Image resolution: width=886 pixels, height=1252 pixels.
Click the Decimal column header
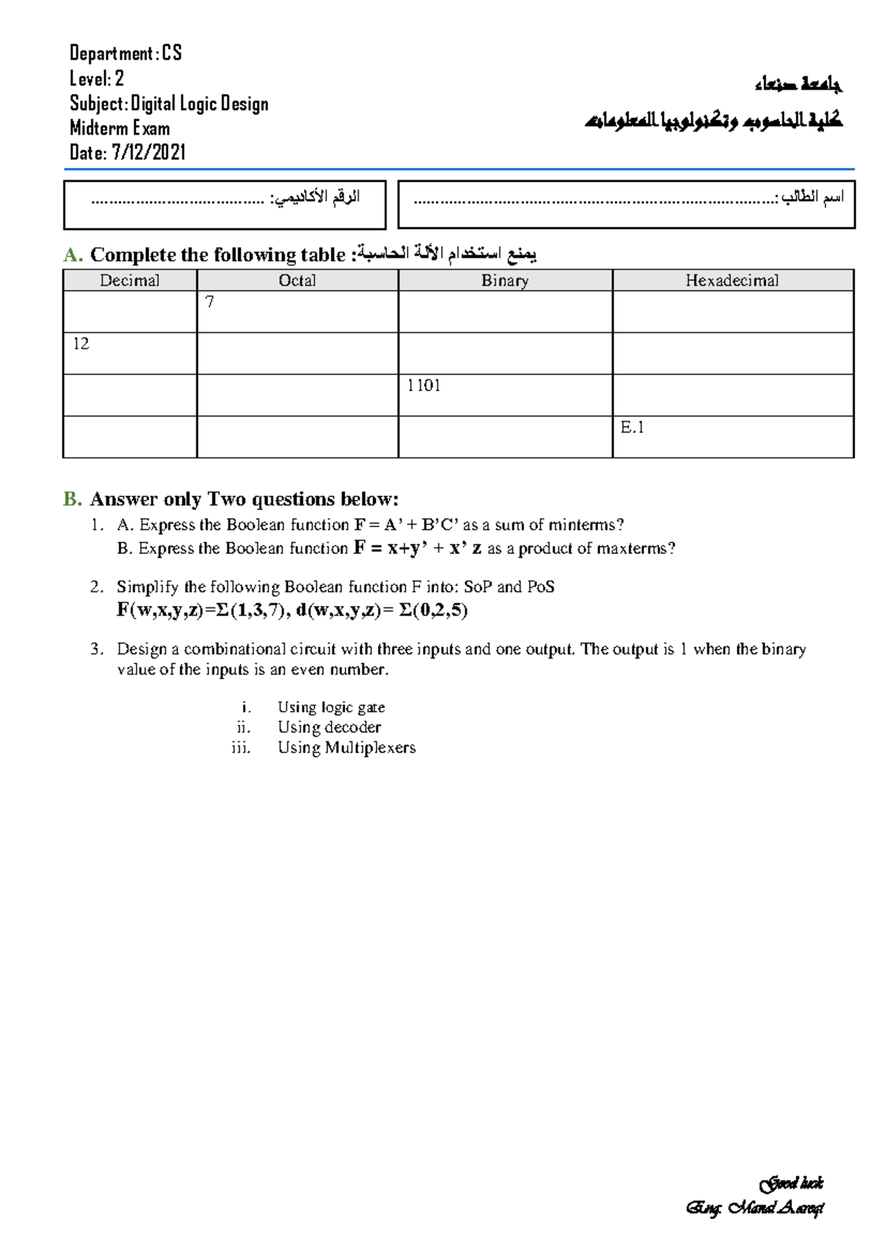click(x=129, y=281)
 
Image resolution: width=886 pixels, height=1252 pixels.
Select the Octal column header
click(x=297, y=281)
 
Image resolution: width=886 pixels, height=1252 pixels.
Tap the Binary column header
click(x=505, y=281)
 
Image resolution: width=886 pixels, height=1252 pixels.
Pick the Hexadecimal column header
click(x=732, y=281)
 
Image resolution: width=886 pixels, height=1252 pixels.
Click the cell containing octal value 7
click(x=210, y=302)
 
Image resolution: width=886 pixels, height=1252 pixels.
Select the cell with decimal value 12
click(x=80, y=344)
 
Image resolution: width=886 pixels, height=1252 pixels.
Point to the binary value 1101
click(x=424, y=385)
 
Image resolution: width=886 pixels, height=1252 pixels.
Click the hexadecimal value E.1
click(x=632, y=427)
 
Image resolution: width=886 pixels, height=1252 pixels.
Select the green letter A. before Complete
click(x=72, y=255)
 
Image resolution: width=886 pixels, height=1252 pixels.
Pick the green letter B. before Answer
click(x=72, y=500)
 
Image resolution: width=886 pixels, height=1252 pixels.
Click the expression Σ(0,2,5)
click(x=433, y=610)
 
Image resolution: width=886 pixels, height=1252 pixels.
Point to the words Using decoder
click(x=329, y=728)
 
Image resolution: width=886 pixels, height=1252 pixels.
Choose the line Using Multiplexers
click(x=346, y=748)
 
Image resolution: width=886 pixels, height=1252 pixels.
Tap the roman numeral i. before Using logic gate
click(x=246, y=707)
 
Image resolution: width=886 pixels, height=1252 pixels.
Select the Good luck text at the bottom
click(x=791, y=1184)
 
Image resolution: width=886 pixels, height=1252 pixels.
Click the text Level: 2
click(x=97, y=79)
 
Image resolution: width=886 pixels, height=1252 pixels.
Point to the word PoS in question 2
click(x=540, y=587)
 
